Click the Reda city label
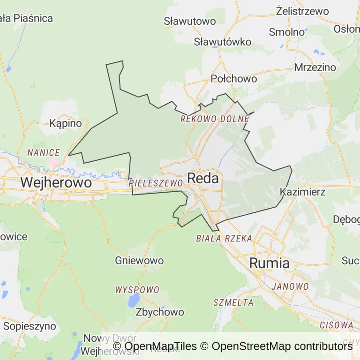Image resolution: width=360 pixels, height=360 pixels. [203, 178]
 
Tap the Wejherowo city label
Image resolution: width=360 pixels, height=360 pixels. [56, 182]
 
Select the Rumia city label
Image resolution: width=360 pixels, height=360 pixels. [269, 263]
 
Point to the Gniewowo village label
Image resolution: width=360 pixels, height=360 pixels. [139, 261]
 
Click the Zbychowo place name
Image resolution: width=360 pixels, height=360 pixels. [159, 312]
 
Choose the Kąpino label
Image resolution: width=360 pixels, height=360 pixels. [66, 124]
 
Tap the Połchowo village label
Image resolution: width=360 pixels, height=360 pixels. [234, 79]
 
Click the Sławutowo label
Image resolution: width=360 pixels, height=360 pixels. [190, 21]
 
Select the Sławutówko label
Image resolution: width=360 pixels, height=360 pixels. [223, 42]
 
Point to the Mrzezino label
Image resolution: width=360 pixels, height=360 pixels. [315, 67]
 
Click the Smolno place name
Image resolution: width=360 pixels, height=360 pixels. [287, 32]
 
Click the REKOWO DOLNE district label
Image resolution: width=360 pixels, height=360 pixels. [215, 119]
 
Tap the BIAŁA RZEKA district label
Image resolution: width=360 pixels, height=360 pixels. [224, 238]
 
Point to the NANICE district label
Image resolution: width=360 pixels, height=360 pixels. [44, 152]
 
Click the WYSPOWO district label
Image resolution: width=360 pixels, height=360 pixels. [137, 290]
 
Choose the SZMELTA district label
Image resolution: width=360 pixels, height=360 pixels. [233, 302]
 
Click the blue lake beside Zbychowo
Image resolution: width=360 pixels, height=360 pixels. [134, 300]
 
